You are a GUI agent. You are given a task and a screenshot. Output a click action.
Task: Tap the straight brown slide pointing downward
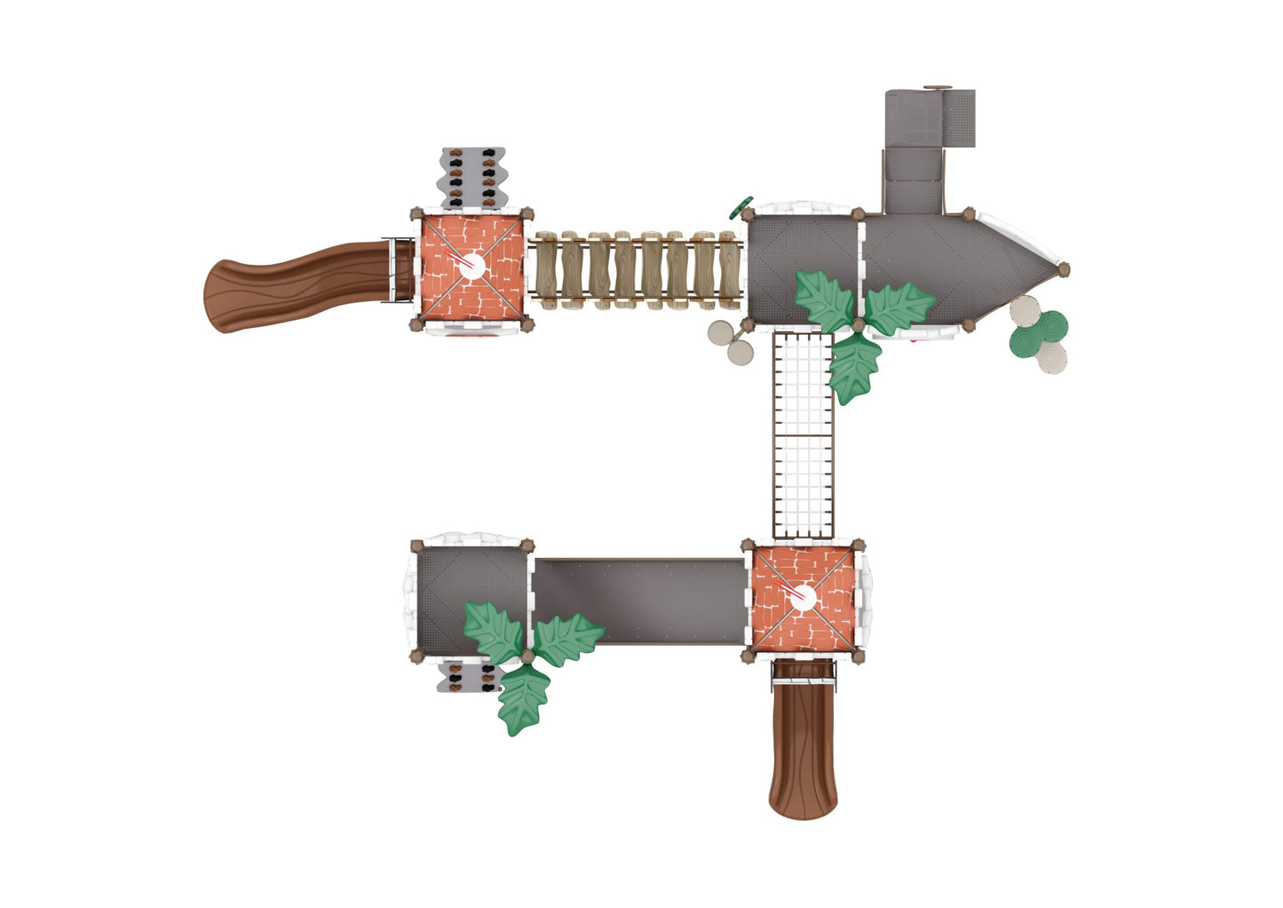[803, 746]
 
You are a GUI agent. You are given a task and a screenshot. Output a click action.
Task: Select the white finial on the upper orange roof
[471, 265]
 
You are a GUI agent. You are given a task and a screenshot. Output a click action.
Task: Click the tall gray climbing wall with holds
[471, 178]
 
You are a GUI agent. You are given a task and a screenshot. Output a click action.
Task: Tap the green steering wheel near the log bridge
[740, 206]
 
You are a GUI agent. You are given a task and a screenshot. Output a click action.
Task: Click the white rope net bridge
[804, 435]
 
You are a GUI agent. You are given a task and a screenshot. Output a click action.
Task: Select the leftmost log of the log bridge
[544, 270]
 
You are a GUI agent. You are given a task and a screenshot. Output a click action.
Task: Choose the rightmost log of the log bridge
[729, 270]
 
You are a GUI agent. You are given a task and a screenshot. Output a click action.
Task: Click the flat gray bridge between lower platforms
[639, 601]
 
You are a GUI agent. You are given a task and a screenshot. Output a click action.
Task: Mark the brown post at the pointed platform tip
[1063, 269]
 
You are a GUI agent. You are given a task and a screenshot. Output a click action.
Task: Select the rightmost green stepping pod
[1053, 326]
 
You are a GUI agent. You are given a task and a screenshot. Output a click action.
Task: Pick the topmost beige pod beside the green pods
[1025, 311]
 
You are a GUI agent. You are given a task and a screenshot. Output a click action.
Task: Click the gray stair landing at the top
[929, 117]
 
